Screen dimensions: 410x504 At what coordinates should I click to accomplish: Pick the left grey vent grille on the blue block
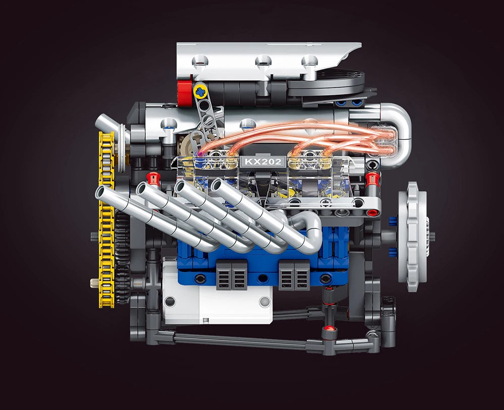coord(232,275)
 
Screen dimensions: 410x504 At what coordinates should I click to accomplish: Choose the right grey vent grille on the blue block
coord(294,275)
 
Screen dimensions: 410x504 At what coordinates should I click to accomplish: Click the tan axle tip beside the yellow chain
coord(94,283)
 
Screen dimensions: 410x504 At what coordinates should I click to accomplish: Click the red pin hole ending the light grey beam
coord(373,212)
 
